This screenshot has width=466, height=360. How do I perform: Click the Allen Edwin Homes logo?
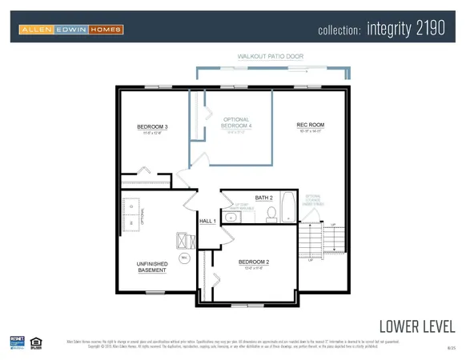(x=71, y=30)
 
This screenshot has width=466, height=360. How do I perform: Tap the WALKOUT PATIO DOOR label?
(x=270, y=57)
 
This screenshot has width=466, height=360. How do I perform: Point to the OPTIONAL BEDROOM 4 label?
(x=236, y=124)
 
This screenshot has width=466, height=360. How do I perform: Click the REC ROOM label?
(x=310, y=125)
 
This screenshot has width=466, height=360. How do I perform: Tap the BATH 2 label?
(x=264, y=197)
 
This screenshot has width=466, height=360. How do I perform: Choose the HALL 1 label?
(x=208, y=221)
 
